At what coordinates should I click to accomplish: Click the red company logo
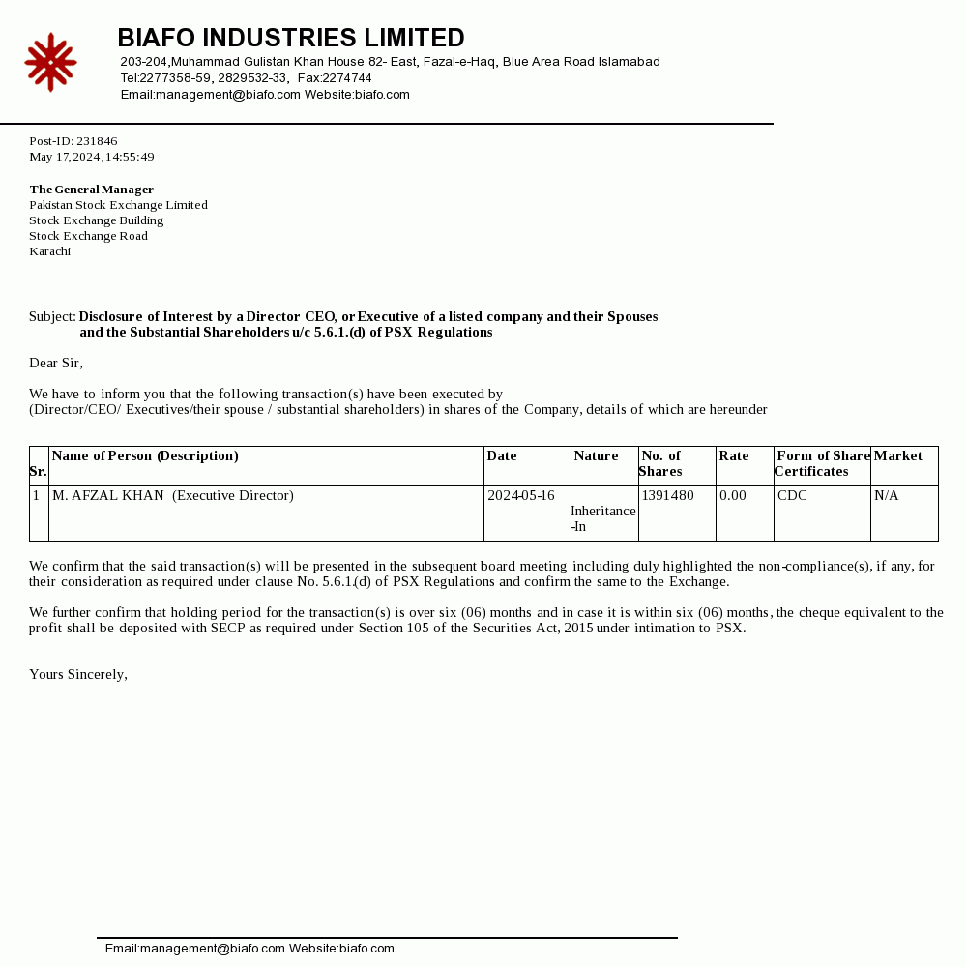[x=50, y=63]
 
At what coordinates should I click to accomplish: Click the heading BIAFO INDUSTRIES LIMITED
[x=291, y=39]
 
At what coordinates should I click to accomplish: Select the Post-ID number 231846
[x=97, y=141]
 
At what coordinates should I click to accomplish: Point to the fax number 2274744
[x=347, y=78]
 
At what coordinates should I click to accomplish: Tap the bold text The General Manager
[x=92, y=190]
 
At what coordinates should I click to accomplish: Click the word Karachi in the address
[x=50, y=251]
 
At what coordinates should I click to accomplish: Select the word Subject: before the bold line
[x=52, y=317]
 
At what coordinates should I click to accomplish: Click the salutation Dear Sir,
[x=56, y=364]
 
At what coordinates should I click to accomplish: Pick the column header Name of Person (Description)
[x=145, y=456]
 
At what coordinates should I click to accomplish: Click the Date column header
[x=502, y=456]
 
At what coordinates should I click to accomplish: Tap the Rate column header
[x=734, y=456]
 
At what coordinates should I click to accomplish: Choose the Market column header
[x=898, y=456]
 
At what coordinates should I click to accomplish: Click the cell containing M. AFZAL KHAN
[x=108, y=496]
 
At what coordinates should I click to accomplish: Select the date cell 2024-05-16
[x=521, y=496]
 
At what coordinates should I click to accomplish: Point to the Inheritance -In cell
[x=603, y=518]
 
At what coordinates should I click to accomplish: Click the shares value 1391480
[x=668, y=496]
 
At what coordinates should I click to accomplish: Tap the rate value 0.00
[x=733, y=496]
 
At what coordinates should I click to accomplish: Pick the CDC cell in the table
[x=792, y=496]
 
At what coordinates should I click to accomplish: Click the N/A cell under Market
[x=887, y=496]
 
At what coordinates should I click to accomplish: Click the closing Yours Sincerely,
[x=78, y=675]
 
